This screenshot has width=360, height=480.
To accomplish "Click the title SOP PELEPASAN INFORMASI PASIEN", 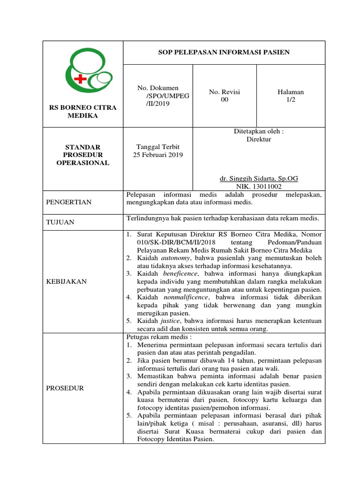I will coord(224,52).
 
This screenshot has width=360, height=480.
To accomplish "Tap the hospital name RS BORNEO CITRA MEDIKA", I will coord(83,112).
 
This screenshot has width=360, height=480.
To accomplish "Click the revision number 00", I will coord(225,100).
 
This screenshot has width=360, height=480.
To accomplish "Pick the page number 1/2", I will coord(291,100).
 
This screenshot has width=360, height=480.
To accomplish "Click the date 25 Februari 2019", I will coord(158,155).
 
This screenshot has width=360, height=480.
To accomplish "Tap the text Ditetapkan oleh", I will coord(259,131).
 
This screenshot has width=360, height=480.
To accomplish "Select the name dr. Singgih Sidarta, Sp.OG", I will coord(259,179).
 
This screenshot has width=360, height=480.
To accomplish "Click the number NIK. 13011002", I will coord(259,186).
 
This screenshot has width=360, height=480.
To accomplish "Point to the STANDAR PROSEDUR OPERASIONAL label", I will coord(83,155).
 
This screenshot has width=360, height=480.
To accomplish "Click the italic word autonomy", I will coord(176,258).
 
